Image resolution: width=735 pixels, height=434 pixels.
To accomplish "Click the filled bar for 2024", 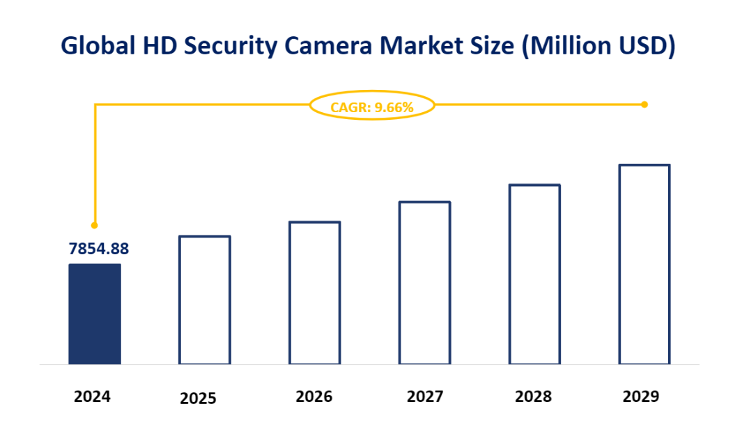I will (x=94, y=314).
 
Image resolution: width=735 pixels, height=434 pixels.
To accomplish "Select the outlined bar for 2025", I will (x=204, y=300).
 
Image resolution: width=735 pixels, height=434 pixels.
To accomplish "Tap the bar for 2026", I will (x=314, y=293).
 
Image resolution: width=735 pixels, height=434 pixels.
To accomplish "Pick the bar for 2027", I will (x=424, y=283).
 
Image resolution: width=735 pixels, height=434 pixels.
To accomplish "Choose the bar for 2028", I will (x=534, y=274).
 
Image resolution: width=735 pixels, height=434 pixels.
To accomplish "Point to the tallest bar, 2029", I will (x=644, y=265).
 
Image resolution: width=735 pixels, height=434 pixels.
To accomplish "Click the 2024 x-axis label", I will (x=93, y=397).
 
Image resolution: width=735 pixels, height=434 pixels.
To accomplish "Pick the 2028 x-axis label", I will (x=534, y=397).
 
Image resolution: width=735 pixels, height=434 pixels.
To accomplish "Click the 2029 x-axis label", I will (x=641, y=397).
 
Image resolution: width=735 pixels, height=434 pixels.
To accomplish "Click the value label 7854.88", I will (x=98, y=249).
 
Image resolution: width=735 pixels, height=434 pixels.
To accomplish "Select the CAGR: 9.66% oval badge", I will (x=372, y=107).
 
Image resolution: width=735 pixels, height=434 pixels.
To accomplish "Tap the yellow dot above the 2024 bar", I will (x=94, y=225).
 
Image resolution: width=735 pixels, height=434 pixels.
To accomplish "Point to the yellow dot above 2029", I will (x=644, y=104).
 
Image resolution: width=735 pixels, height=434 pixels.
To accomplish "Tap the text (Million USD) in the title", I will (x=599, y=45).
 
